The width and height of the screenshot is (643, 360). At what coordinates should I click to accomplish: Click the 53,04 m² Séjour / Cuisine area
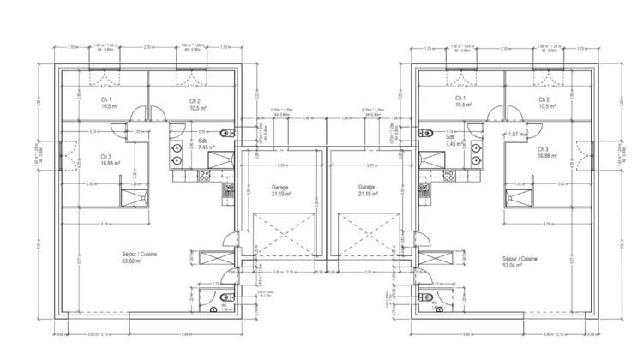click(520, 261)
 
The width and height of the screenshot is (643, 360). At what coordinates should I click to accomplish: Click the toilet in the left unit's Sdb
click(224, 131)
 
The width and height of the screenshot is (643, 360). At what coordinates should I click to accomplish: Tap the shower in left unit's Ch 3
click(134, 199)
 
